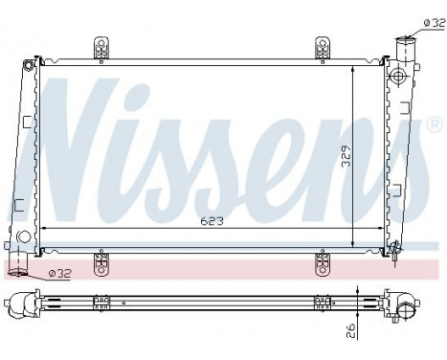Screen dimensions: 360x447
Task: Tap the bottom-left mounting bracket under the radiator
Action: (100, 259)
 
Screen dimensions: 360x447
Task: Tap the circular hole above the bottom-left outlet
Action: (23, 236)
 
